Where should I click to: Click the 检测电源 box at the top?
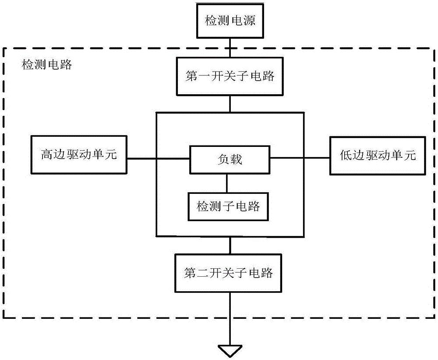pos(230,21)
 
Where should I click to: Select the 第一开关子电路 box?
pos(230,76)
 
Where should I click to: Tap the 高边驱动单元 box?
pos(79,155)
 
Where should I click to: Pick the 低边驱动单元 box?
pos(378,155)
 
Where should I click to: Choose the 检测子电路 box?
pos(229,206)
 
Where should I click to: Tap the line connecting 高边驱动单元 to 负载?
pos(158,159)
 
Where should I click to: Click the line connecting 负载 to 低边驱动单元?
pos(300,159)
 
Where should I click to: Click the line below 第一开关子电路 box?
pos(230,104)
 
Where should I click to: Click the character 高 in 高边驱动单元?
pos(46,155)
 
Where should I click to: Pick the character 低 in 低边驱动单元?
pos(346,156)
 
